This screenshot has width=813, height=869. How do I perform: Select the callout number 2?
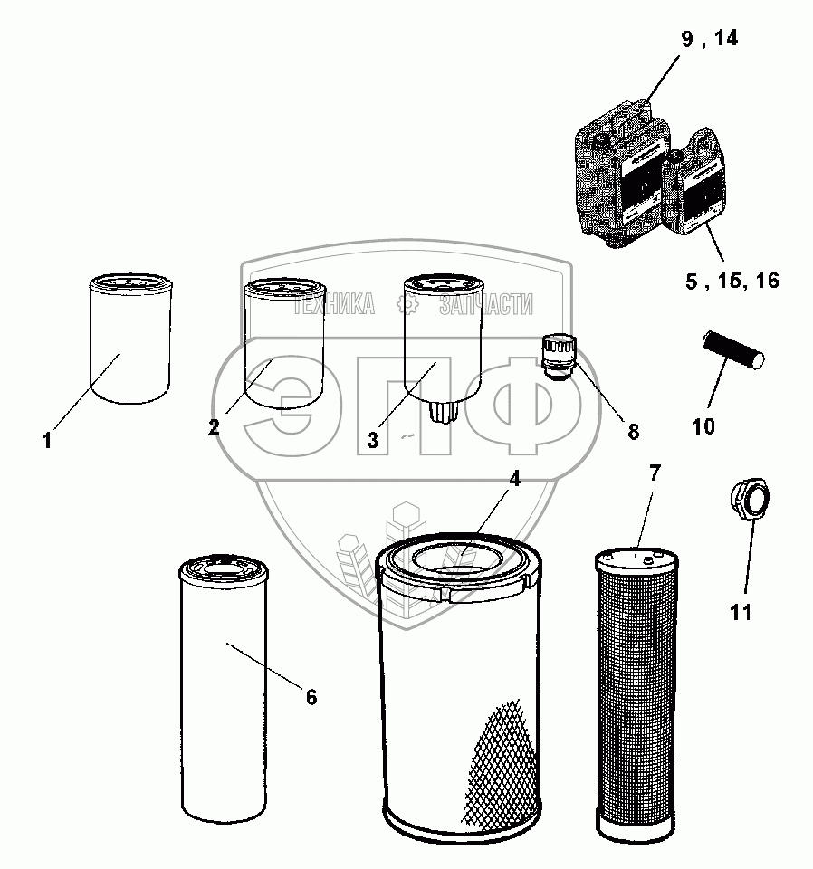(x=214, y=427)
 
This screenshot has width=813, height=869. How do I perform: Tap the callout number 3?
(x=372, y=440)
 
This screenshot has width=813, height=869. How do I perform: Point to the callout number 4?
(x=514, y=480)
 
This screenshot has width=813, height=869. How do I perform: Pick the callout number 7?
(x=655, y=472)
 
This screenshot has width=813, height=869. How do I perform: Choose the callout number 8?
(x=632, y=432)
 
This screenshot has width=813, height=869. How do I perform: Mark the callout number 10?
(x=703, y=425)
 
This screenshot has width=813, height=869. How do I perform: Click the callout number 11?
(x=741, y=613)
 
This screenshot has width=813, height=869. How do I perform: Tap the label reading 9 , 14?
(x=709, y=39)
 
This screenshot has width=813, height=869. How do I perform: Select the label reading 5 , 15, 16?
(x=732, y=281)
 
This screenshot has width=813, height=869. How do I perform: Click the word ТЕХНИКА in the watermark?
(x=332, y=304)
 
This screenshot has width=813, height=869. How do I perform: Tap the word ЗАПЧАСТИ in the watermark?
(x=485, y=304)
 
